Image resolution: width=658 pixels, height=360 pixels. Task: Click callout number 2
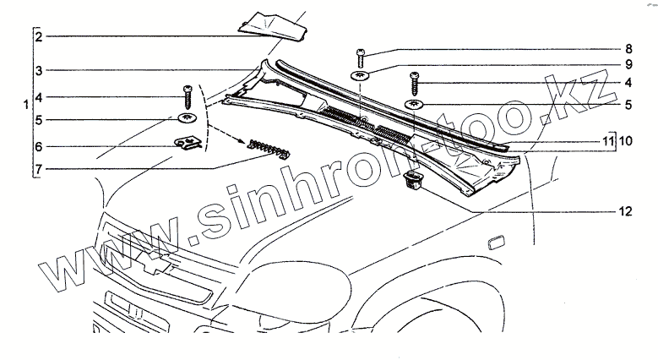tap(38, 37)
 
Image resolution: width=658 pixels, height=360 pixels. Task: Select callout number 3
tap(38, 70)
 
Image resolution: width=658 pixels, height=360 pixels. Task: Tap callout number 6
tap(38, 146)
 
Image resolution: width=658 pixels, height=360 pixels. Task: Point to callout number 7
tap(38, 169)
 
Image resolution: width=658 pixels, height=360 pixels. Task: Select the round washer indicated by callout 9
tap(362, 77)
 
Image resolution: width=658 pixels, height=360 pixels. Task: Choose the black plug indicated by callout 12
tap(413, 180)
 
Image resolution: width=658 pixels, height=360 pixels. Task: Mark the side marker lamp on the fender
tap(493, 244)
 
